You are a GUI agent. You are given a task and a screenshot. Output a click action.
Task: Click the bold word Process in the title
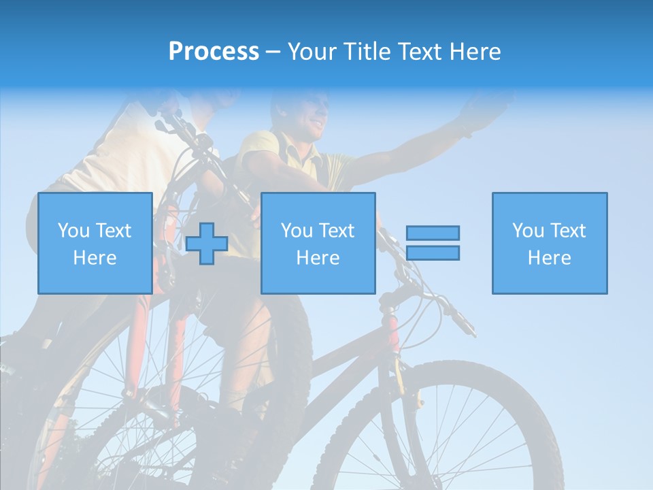pyautogui.click(x=214, y=52)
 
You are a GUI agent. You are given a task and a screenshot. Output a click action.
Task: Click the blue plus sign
pyautogui.click(x=207, y=244)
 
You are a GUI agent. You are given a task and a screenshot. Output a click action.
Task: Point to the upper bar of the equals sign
pyautogui.click(x=433, y=233)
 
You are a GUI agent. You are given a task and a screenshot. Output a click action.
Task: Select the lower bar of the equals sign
pyautogui.click(x=433, y=252)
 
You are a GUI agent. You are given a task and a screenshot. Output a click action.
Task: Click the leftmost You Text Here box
pyautogui.click(x=95, y=243)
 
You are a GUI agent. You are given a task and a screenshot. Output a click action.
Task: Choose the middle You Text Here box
pyautogui.click(x=318, y=243)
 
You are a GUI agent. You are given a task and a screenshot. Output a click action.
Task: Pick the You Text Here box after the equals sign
pyautogui.click(x=549, y=243)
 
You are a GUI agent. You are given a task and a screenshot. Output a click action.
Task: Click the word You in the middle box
pyautogui.click(x=297, y=231)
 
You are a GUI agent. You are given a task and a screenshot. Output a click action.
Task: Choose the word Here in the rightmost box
pyautogui.click(x=549, y=258)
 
